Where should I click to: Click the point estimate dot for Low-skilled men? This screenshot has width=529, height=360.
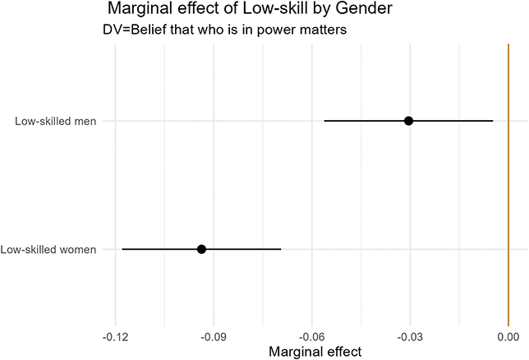(x=408, y=121)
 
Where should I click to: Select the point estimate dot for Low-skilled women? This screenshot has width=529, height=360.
(x=201, y=249)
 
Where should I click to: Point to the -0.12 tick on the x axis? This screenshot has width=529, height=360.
(x=115, y=336)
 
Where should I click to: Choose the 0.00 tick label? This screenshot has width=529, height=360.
(x=508, y=336)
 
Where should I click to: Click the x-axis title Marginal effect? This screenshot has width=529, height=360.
(x=312, y=352)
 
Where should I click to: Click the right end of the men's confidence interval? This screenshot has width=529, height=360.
(x=493, y=121)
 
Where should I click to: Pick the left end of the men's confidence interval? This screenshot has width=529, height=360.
(x=324, y=121)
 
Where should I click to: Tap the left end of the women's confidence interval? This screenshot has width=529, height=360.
(x=122, y=249)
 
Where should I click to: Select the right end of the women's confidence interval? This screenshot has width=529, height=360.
(x=281, y=249)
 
